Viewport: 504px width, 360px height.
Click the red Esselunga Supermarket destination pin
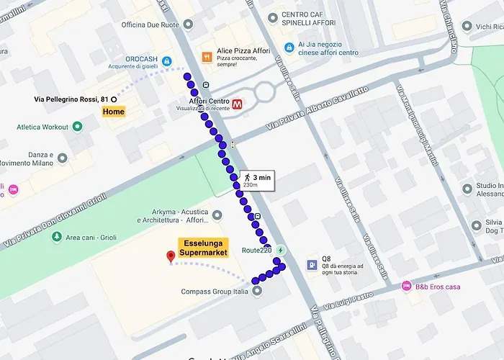point(171,256)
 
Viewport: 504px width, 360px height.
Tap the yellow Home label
point(113,112)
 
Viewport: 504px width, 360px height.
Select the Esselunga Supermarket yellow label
point(203,247)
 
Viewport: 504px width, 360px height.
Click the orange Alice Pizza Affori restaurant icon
point(207,57)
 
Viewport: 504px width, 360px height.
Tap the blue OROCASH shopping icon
point(167,61)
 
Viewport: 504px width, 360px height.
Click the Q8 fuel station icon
point(311,264)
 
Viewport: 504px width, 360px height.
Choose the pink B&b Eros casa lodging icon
point(406,286)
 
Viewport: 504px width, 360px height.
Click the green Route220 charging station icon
point(281,250)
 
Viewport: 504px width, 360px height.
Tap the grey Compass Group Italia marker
point(258,291)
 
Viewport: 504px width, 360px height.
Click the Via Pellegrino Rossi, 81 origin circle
point(114,99)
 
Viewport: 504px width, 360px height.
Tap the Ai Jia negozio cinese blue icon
point(289,48)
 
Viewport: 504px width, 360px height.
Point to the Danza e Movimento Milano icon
point(63,158)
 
